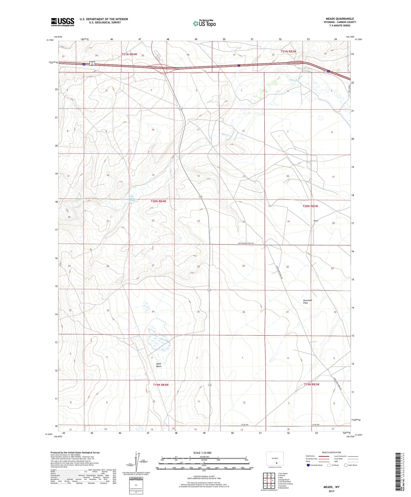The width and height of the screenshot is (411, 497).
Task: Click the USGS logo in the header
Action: [x=62, y=22]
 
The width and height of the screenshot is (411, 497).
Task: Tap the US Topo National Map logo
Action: [x=204, y=23]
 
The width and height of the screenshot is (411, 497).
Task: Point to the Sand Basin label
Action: [x=159, y=365]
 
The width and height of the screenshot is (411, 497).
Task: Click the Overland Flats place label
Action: [x=307, y=302]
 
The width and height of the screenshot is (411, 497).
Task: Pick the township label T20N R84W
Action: [x=159, y=201]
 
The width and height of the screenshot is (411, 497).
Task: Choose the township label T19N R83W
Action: [x=312, y=384]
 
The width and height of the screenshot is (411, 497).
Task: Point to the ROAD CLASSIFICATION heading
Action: [x=332, y=452]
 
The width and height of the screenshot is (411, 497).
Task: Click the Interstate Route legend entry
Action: [x=315, y=465]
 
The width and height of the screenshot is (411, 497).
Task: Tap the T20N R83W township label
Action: [x=310, y=206]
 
